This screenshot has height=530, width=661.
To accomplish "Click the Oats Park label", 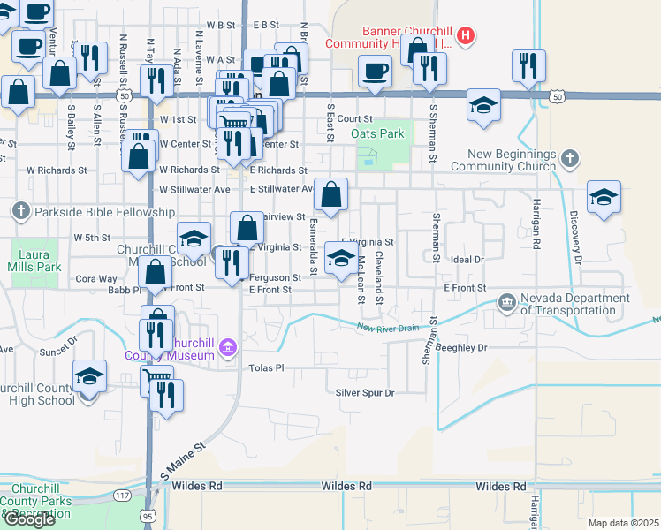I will (377, 133).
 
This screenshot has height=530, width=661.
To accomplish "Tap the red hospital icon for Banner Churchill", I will (467, 36).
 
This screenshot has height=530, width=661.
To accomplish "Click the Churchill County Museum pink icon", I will (228, 348).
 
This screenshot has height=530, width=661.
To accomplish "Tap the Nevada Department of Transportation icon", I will (506, 304).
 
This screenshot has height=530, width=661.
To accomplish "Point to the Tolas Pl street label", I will (266, 367).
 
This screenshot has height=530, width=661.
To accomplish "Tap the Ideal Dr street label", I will (468, 260).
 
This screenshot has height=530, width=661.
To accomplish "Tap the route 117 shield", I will (122, 497).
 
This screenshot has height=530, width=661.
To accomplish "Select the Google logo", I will (29, 519).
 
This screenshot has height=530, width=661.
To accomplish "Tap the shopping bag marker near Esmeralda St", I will (330, 194).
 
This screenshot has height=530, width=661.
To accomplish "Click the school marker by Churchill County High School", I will (88, 379).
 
